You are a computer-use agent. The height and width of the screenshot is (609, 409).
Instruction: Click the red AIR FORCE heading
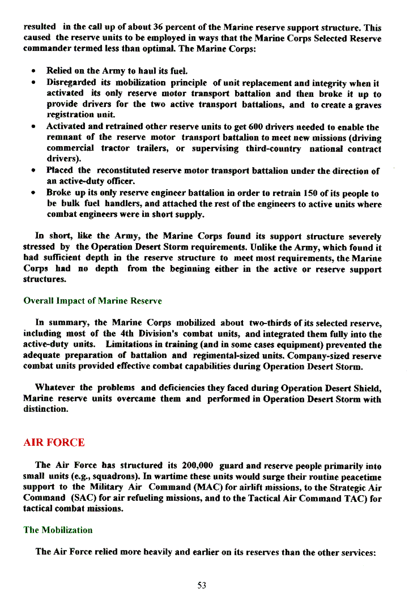[x=54, y=442]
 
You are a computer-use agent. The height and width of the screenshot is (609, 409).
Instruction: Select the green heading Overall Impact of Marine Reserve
[x=92, y=300]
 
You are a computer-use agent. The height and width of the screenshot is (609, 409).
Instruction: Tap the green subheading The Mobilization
[x=58, y=530]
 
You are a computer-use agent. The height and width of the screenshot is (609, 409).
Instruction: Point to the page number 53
[x=202, y=585]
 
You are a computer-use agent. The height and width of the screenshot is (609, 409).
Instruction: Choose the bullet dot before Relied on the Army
[x=35, y=72]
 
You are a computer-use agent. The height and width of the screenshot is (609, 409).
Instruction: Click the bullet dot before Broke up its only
[x=35, y=194]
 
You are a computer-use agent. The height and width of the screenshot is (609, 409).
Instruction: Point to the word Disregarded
[x=72, y=83]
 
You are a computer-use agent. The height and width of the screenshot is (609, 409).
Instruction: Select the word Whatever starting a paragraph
[x=55, y=387]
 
